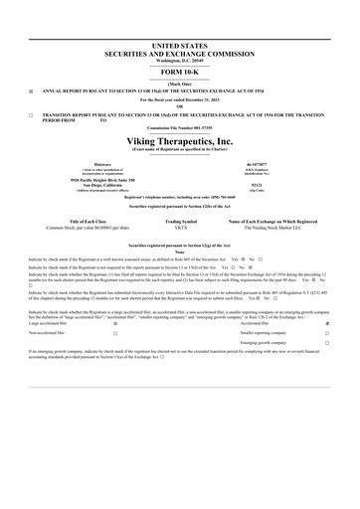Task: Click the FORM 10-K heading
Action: [x=181, y=72]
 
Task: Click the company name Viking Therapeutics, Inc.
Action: [x=181, y=141]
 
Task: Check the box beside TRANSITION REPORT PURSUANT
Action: [x=31, y=115]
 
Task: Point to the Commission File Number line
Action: [x=181, y=129]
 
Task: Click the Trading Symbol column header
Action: [x=181, y=222]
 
